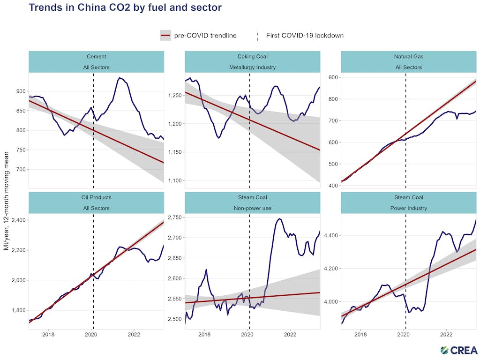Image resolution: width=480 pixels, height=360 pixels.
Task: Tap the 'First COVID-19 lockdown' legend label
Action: [305, 35]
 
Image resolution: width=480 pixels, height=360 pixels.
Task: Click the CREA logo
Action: [459, 350]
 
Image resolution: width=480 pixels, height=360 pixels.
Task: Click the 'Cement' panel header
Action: [96, 57]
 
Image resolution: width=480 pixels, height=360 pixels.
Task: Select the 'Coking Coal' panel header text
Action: [252, 57]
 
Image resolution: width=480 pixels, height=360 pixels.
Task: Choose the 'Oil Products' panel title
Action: [96, 197]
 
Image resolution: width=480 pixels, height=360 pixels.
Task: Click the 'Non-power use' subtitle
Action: [252, 208]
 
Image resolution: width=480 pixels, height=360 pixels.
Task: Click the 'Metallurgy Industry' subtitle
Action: [252, 67]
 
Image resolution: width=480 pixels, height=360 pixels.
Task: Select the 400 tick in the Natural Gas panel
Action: [332, 186]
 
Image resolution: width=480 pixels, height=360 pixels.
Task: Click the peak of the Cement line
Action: [120, 78]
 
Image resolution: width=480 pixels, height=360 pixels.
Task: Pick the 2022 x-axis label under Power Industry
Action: [446, 335]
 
